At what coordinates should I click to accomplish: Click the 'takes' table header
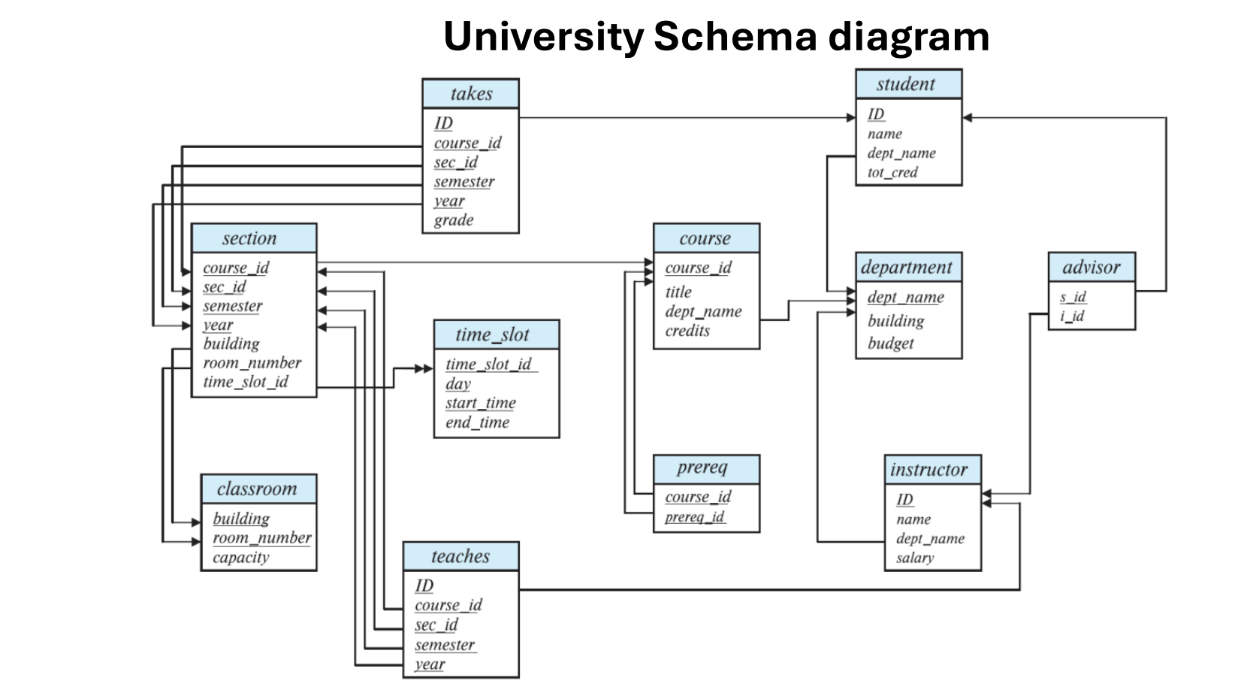pos(470,94)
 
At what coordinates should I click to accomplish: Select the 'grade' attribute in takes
pos(454,220)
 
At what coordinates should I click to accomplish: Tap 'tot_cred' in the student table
pos(892,172)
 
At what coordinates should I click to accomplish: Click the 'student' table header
pos(907,84)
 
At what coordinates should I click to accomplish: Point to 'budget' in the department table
pos(890,343)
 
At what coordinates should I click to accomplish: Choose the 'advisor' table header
pos(1091,267)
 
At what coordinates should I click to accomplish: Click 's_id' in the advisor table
pos(1073,297)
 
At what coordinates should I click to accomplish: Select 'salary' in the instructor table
pos(915,558)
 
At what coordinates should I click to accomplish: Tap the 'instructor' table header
pos(931,470)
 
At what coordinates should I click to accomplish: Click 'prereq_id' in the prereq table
pos(694,516)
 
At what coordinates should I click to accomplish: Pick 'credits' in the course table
pos(687,331)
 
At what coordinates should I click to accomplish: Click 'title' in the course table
pos(678,292)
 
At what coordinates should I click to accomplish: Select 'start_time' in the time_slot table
pos(480,403)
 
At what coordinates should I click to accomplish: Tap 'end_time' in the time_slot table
pos(477,422)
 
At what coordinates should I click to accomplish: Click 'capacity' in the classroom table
pos(240,558)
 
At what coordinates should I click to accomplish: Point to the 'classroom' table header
pos(258,489)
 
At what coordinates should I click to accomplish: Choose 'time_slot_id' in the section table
pos(246,382)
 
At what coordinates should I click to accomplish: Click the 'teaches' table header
pos(460,556)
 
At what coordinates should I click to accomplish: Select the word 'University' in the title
pos(542,36)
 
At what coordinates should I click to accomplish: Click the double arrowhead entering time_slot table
pos(423,368)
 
